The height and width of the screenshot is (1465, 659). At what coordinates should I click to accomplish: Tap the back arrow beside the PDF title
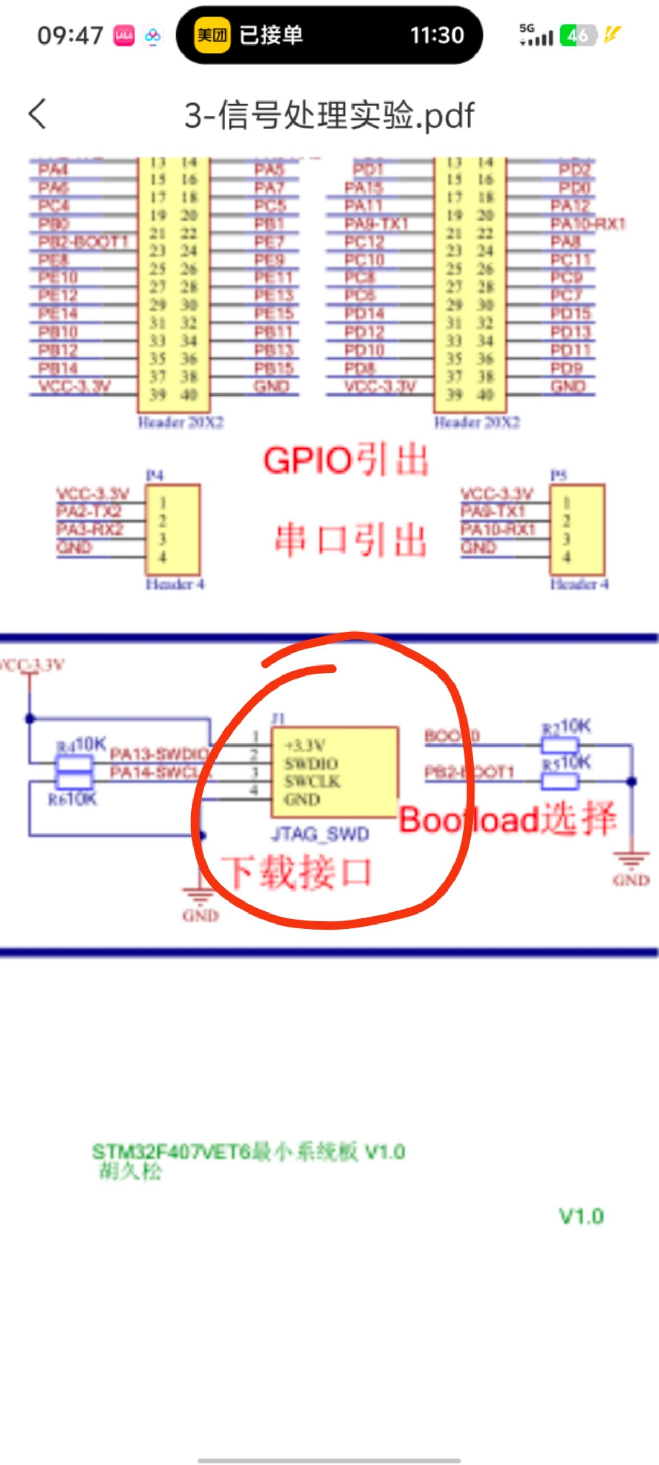pyautogui.click(x=38, y=114)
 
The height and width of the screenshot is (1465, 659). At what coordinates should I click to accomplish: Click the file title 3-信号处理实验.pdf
pyautogui.click(x=328, y=116)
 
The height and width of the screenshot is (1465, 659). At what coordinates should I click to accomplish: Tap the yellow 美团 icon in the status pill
pyautogui.click(x=211, y=35)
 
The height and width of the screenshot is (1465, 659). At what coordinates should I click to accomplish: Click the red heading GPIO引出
pyautogui.click(x=345, y=460)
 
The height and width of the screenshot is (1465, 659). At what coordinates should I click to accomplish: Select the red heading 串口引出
pyautogui.click(x=350, y=540)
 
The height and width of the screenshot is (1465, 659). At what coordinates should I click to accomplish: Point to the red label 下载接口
pyautogui.click(x=296, y=872)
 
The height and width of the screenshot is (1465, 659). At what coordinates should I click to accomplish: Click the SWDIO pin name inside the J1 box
pyautogui.click(x=312, y=763)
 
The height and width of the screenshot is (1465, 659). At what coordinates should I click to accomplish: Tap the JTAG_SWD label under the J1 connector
pyautogui.click(x=320, y=835)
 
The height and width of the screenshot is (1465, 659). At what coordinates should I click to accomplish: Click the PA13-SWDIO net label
pyautogui.click(x=158, y=754)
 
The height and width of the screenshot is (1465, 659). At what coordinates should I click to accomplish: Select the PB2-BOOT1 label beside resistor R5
pyautogui.click(x=469, y=772)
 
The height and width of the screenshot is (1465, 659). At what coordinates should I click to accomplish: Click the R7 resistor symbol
pyautogui.click(x=560, y=745)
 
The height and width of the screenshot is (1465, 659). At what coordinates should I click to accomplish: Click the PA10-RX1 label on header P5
pyautogui.click(x=497, y=529)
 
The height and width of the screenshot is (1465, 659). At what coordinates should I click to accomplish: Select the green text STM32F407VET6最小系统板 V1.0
pyautogui.click(x=248, y=1152)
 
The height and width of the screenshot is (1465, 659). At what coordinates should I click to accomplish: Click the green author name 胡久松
pyautogui.click(x=130, y=1171)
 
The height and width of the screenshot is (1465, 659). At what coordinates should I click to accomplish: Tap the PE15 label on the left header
pyautogui.click(x=274, y=313)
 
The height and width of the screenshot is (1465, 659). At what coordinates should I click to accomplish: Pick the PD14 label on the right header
pyautogui.click(x=364, y=313)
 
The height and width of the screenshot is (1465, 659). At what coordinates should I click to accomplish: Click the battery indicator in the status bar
pyautogui.click(x=578, y=35)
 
